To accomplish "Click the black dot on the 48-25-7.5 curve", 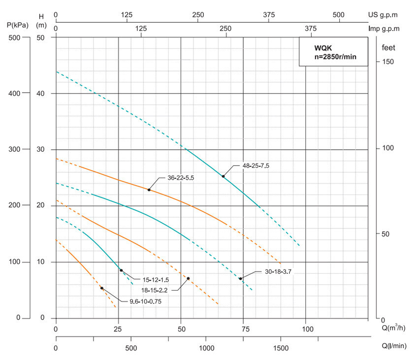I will pyautogui.click(x=223, y=176).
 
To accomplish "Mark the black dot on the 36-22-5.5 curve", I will pyautogui.click(x=149, y=190).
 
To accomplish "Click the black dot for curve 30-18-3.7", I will pyautogui.click(x=241, y=279).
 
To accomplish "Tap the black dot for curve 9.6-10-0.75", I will pyautogui.click(x=102, y=288).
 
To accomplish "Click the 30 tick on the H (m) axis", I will pyautogui.click(x=41, y=149).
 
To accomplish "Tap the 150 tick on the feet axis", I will pyautogui.click(x=388, y=62).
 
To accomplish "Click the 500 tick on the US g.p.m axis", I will pyautogui.click(x=338, y=15).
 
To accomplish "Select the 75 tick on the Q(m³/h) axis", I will pyautogui.click(x=244, y=328).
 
